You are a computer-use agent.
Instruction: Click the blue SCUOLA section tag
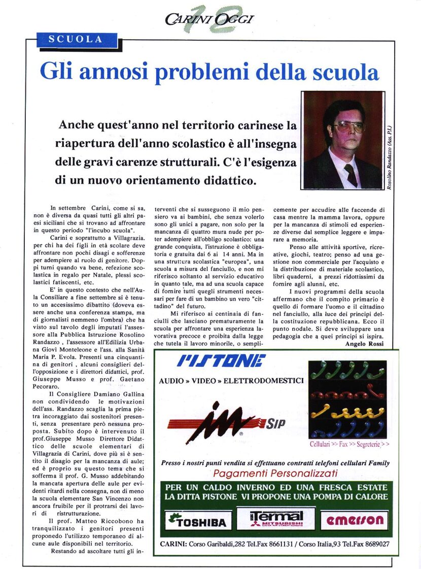point(76,39)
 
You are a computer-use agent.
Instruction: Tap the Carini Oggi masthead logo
point(209,19)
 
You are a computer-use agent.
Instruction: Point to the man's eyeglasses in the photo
point(349,127)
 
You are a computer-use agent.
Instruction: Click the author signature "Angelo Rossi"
point(364,344)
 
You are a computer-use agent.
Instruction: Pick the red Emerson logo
point(355,520)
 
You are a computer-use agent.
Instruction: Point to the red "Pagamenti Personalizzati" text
point(275,473)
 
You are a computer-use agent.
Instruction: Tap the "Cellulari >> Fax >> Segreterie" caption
point(349,444)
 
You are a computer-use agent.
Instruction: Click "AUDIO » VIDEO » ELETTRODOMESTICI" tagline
point(231,380)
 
